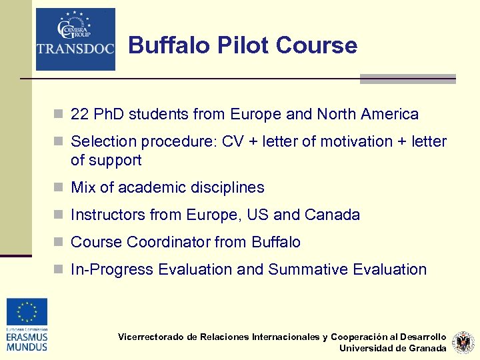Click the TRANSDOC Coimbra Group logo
tap(75, 39)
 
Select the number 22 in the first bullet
tap(79, 115)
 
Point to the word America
tap(389, 115)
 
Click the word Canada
tap(332, 215)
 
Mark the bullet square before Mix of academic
tap(59, 188)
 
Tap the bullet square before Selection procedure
tap(59, 142)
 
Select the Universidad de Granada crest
tap(463, 343)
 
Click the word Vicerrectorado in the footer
tap(151, 337)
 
